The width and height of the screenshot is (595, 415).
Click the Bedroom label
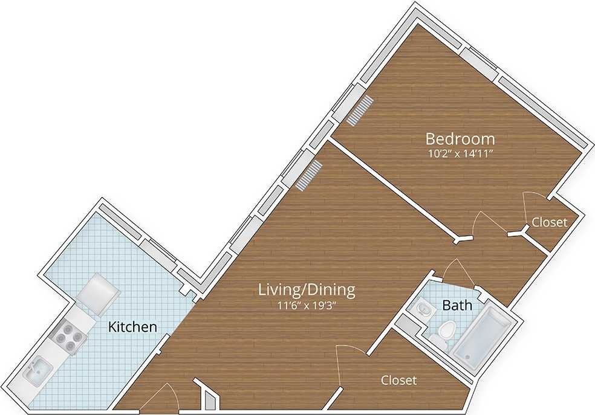(x=460, y=139)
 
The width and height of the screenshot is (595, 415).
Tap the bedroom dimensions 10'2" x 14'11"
(x=460, y=153)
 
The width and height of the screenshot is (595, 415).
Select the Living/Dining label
(x=307, y=290)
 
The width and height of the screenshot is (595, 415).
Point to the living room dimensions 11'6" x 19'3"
(x=307, y=304)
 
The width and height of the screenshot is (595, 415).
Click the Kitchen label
(x=132, y=327)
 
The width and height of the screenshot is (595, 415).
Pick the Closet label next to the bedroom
(x=549, y=222)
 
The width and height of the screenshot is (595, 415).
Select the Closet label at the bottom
(x=398, y=381)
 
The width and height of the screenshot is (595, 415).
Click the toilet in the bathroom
(x=446, y=332)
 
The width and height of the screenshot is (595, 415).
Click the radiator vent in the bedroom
(x=362, y=110)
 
